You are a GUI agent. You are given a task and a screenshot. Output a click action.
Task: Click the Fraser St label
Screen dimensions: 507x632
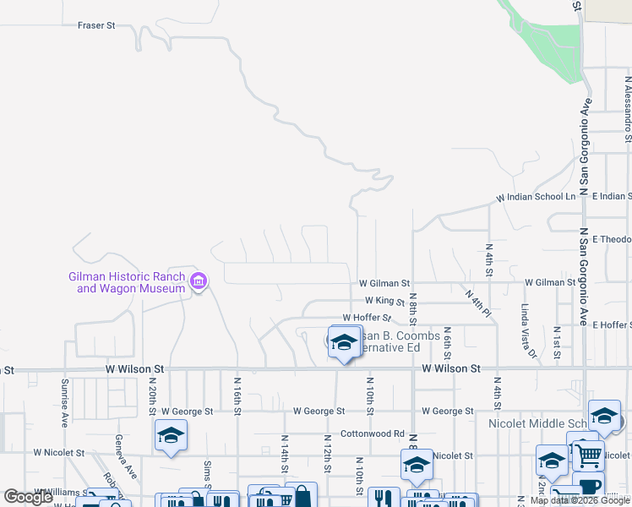click(96, 25)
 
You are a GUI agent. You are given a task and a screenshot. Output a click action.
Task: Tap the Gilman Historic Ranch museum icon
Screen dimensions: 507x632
click(199, 281)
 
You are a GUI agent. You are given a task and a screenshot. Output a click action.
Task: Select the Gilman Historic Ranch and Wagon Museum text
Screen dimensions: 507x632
click(127, 282)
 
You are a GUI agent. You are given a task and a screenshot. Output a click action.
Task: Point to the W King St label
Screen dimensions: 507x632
click(386, 300)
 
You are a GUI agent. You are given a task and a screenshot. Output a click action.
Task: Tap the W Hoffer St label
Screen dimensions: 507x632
click(367, 318)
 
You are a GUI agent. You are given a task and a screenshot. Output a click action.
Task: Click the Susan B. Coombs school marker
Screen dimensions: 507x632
click(344, 342)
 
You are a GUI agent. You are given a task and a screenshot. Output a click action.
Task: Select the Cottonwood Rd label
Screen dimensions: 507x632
click(373, 433)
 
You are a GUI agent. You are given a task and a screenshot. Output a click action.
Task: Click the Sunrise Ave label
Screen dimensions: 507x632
click(64, 401)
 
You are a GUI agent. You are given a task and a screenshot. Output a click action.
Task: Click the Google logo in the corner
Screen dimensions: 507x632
click(28, 497)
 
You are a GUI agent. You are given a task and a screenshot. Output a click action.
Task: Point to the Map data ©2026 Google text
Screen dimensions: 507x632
click(580, 500)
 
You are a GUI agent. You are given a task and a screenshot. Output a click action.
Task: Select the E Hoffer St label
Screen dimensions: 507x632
click(612, 324)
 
